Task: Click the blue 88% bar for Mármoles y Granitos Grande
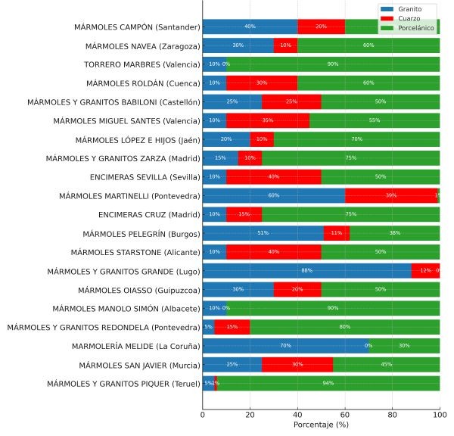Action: click(306, 271)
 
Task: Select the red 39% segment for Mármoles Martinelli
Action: click(390, 196)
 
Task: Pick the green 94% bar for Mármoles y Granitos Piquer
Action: click(328, 384)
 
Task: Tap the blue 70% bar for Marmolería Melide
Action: click(285, 346)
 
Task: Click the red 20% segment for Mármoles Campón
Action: click(321, 26)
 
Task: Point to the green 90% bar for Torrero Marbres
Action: click(333, 64)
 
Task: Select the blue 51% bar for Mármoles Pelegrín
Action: click(263, 233)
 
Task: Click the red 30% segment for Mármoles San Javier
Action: click(297, 365)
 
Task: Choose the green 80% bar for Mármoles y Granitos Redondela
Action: click(344, 327)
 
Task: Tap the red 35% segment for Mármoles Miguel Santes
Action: click(268, 120)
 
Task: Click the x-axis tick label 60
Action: click(345, 414)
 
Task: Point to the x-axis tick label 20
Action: click(250, 414)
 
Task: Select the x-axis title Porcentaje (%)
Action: click(321, 425)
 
